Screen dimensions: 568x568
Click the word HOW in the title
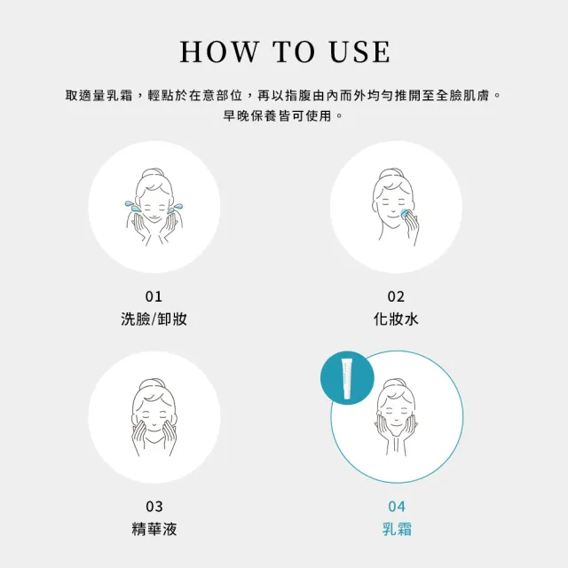pyautogui.click(x=219, y=51)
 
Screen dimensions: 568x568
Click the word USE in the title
pyautogui.click(x=359, y=51)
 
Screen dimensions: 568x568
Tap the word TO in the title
pyautogui.click(x=294, y=51)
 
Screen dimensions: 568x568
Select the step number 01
pyautogui.click(x=154, y=296)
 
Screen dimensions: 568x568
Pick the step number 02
pyautogui.click(x=396, y=296)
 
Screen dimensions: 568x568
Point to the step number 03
pyautogui.click(x=154, y=507)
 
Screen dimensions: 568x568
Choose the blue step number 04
pyautogui.click(x=397, y=507)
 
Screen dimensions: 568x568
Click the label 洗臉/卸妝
pyautogui.click(x=154, y=319)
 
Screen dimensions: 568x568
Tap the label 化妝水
pyautogui.click(x=396, y=319)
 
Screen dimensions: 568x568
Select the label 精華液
pyautogui.click(x=154, y=529)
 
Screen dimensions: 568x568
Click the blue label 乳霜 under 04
pyautogui.click(x=397, y=529)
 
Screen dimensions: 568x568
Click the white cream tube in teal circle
pyautogui.click(x=347, y=378)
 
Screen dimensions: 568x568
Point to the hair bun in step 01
pyautogui.click(x=154, y=172)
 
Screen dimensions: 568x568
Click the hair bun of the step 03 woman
pyautogui.click(x=154, y=383)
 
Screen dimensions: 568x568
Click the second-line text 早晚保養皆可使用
pyautogui.click(x=278, y=116)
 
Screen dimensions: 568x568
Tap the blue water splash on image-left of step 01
pyautogui.click(x=132, y=207)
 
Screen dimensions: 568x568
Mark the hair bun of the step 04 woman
pyautogui.click(x=396, y=383)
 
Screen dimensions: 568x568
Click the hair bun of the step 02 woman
pyautogui.click(x=392, y=172)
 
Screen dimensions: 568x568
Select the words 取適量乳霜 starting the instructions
pyautogui.click(x=99, y=96)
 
